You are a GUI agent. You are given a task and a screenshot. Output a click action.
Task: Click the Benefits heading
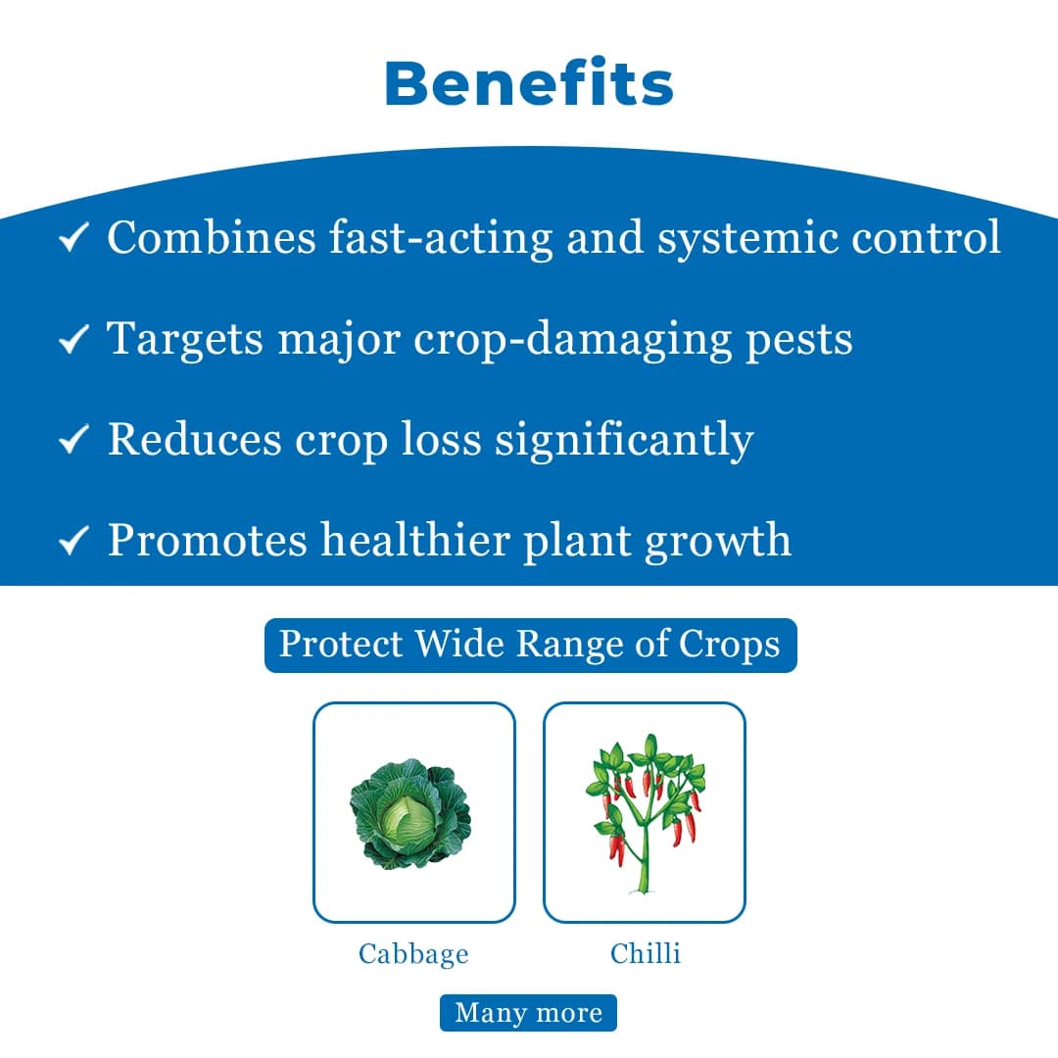point(529,83)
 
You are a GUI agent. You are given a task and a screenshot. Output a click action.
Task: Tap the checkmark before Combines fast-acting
point(74,238)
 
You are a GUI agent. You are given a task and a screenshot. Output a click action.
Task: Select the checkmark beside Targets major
point(74,339)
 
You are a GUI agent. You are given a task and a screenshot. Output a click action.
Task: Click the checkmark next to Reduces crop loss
point(74,440)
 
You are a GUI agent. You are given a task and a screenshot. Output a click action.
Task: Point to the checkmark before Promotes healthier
point(74,541)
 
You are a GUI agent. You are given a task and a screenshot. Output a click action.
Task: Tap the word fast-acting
point(441,238)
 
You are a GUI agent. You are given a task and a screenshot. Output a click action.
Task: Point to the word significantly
point(624,441)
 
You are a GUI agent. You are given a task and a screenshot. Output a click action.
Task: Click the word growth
point(717,542)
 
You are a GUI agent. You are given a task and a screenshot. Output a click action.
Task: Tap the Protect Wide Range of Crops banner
point(530,645)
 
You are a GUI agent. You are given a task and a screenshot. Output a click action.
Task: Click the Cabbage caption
point(413,953)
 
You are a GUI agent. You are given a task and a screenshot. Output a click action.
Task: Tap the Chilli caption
point(645,953)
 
